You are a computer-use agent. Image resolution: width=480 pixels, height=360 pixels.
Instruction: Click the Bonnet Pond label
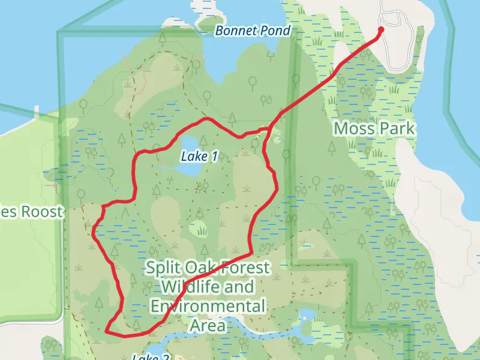[x=253, y=31]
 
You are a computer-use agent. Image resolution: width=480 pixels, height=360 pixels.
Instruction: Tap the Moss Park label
[x=374, y=128]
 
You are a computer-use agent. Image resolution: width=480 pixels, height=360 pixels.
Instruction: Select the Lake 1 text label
[x=199, y=157]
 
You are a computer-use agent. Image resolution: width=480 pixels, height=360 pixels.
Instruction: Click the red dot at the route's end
[x=380, y=29]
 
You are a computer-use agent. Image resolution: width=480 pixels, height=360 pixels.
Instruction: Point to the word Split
[x=161, y=268]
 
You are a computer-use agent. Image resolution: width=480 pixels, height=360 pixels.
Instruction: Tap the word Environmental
[x=208, y=307]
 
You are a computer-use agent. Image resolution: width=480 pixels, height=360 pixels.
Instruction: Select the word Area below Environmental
[x=208, y=326]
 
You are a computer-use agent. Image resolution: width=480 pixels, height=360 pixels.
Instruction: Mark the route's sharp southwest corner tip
[x=106, y=331]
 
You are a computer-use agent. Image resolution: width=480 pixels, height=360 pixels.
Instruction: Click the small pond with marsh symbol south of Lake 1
[x=199, y=229]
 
